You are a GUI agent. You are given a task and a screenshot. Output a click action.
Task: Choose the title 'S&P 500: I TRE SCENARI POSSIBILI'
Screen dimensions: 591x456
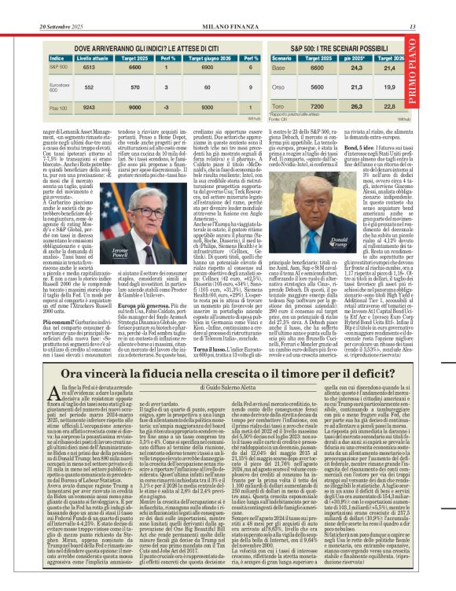(333, 48)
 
